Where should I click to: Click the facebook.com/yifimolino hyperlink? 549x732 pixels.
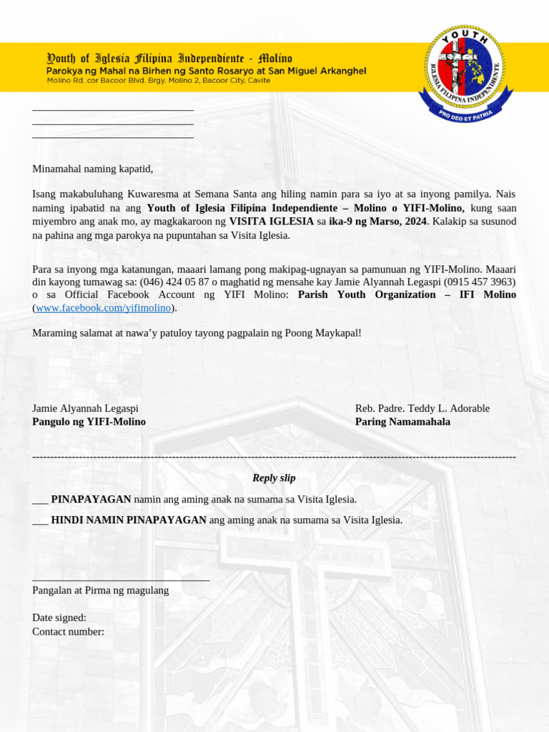[103, 308]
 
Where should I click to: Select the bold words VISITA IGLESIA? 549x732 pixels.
[271, 222]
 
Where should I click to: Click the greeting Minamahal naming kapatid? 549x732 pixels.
[93, 169]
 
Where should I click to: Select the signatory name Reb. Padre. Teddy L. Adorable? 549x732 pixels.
[422, 408]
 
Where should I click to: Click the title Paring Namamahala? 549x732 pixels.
[402, 422]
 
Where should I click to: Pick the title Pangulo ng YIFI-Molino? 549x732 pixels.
[89, 422]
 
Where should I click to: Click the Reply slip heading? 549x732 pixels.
[274, 478]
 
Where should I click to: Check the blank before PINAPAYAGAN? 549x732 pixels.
[40, 500]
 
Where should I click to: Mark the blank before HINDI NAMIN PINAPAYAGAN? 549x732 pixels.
[40, 520]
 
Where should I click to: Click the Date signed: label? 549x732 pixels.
[59, 618]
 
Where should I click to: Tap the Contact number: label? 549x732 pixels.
[68, 632]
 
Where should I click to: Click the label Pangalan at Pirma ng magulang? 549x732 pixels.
[100, 590]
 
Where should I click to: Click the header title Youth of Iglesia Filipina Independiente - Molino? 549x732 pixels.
[169, 58]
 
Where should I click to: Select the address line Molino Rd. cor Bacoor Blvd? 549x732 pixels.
[158, 81]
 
